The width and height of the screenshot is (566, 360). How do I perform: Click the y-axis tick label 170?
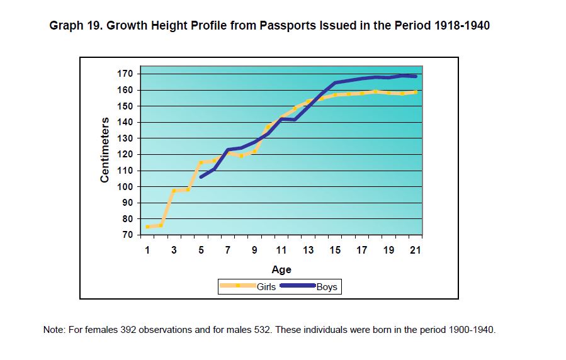point(126,74)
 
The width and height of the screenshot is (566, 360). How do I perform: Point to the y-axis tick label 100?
point(126,187)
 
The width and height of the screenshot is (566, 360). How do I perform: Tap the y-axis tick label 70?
point(128,235)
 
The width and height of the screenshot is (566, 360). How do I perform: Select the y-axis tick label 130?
point(126,138)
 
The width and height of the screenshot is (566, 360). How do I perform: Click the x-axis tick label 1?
point(147,250)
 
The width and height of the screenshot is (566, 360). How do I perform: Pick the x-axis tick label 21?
point(416,250)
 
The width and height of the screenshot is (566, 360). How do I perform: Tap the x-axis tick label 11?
point(281,250)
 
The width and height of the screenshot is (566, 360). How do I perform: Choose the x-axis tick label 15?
point(335,250)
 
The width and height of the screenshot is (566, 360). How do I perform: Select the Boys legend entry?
point(327,287)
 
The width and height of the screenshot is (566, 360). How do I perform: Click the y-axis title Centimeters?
point(105,150)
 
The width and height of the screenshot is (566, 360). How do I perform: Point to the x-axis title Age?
point(281,270)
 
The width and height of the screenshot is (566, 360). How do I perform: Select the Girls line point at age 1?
point(147,227)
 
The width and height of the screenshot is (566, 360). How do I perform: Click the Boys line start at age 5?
point(201,177)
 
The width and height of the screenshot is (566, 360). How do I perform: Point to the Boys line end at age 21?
point(416,76)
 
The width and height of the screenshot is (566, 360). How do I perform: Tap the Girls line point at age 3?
point(174,191)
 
